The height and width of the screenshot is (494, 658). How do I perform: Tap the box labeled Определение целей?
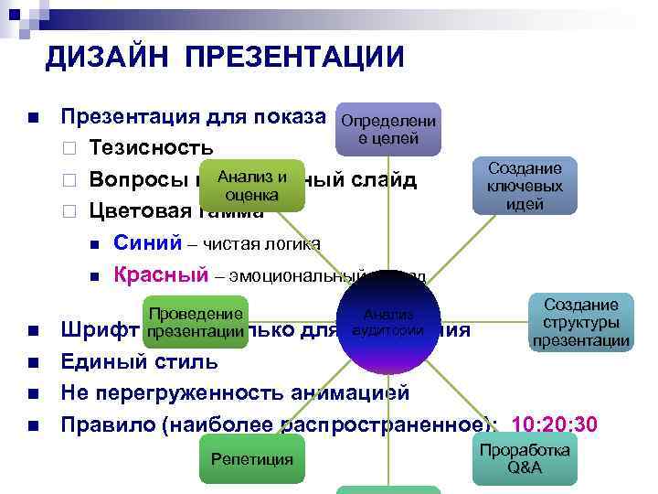(x=388, y=130)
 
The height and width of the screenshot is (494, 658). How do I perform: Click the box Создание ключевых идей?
(x=525, y=186)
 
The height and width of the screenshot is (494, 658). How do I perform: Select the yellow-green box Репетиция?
(x=251, y=458)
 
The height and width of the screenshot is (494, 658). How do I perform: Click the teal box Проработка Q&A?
(x=525, y=458)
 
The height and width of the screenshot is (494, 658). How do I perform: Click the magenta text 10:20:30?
(x=556, y=424)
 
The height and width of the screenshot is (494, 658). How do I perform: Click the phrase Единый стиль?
(x=139, y=360)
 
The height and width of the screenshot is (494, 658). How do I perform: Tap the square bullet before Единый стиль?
(x=32, y=361)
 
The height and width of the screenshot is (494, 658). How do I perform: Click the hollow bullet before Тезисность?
(x=68, y=148)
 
